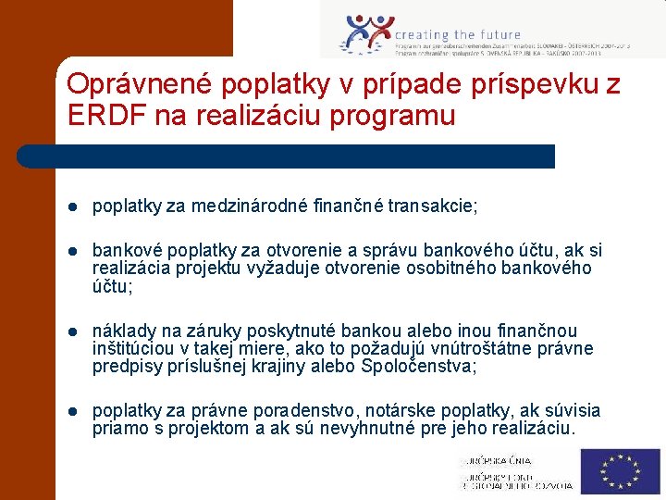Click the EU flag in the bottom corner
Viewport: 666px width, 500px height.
pos(620,471)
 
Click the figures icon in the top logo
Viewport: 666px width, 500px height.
pos(367,33)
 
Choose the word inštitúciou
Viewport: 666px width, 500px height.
pos(133,348)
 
